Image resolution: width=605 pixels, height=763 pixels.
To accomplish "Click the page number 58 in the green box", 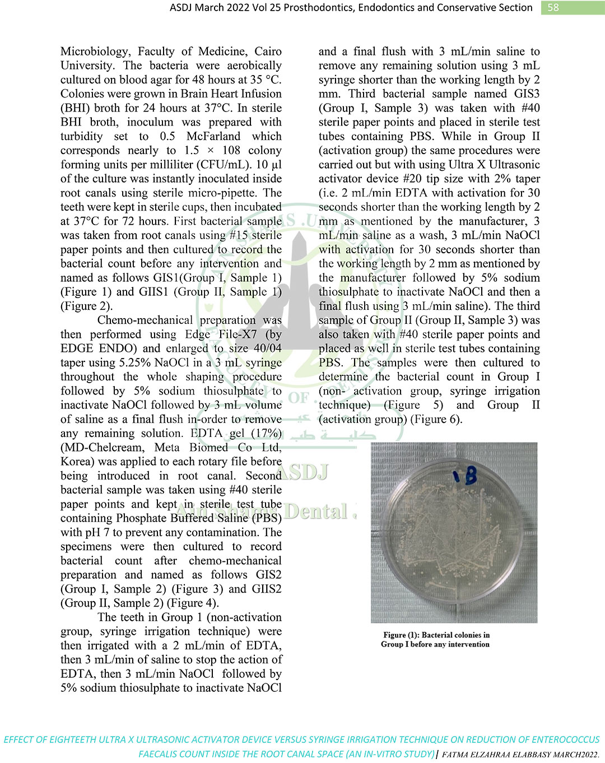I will pyautogui.click(x=553, y=7).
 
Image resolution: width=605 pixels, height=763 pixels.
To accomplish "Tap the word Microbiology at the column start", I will pyautogui.click(x=95, y=52).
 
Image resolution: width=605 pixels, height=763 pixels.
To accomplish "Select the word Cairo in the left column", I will pyautogui.click(x=268, y=52).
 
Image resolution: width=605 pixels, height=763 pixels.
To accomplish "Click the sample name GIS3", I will pyautogui.click(x=527, y=94).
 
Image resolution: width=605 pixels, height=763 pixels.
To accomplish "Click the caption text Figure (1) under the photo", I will pyautogui.click(x=401, y=635).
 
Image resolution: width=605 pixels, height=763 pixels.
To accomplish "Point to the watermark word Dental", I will pyautogui.click(x=317, y=511).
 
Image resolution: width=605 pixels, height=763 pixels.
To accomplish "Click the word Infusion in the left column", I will pyautogui.click(x=259, y=94).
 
